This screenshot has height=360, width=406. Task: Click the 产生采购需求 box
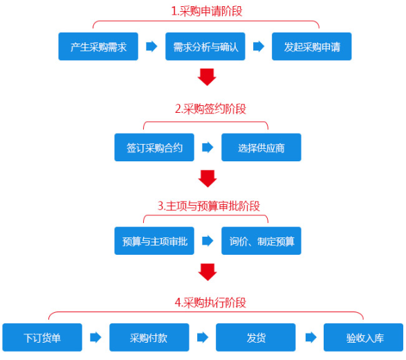click(98, 47)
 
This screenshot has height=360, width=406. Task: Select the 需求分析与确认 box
click(205, 47)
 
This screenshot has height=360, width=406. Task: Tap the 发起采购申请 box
click(312, 47)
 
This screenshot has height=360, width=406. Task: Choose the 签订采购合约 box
click(154, 147)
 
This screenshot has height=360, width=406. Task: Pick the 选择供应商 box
click(261, 147)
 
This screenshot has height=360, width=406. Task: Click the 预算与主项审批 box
click(154, 241)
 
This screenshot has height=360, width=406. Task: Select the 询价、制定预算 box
click(261, 241)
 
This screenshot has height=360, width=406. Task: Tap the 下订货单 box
click(42, 337)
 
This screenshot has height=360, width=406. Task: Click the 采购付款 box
click(149, 337)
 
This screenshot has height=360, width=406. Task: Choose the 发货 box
click(256, 337)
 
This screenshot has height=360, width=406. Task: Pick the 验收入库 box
click(364, 337)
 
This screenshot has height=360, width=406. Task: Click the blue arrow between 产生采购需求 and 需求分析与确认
click(151, 47)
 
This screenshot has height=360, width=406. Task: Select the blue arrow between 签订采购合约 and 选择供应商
click(207, 147)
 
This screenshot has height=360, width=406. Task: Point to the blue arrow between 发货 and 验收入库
click(310, 337)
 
